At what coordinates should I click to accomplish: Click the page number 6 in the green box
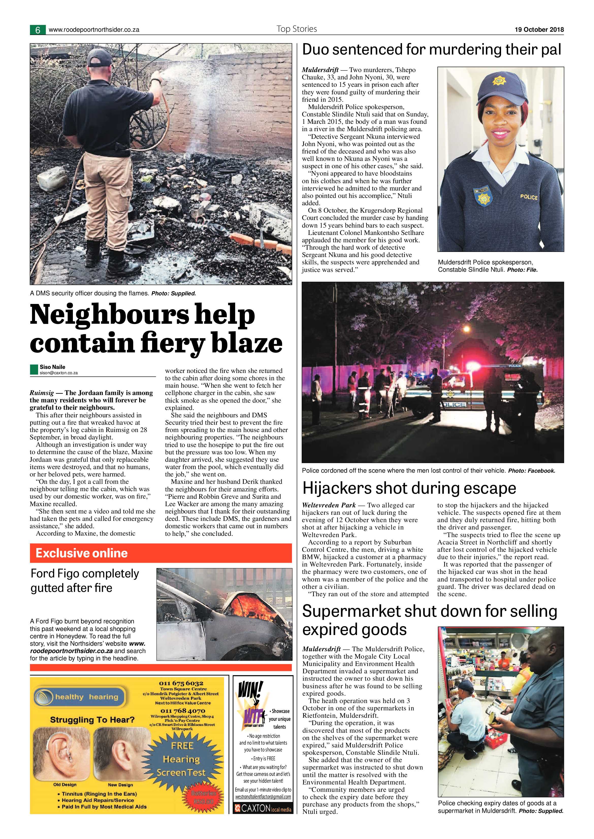[x=38, y=30]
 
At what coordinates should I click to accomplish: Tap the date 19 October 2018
[x=539, y=30]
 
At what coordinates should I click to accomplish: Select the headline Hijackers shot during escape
[x=409, y=488]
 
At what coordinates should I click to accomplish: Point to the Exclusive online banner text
[x=82, y=553]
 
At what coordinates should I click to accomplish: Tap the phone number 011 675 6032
[x=181, y=683]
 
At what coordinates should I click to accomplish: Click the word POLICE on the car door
[x=454, y=404]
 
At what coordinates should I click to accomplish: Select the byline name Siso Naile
[x=52, y=367]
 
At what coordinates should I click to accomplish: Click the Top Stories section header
[x=297, y=29]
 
